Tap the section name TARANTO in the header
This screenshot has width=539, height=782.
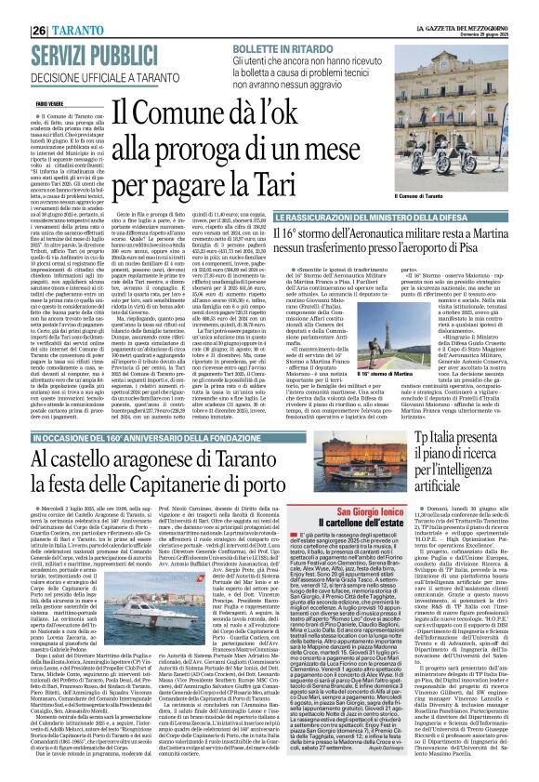pyautogui.click(x=58, y=10)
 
